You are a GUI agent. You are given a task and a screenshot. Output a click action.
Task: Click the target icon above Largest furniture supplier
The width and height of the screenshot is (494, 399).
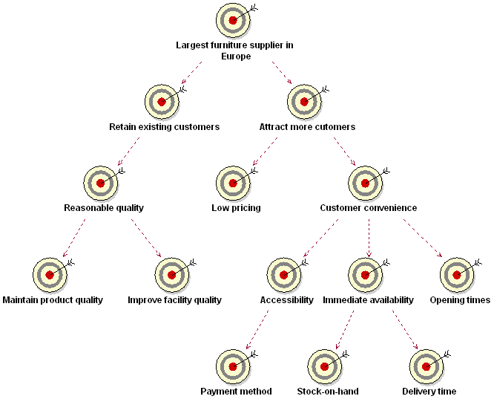[x=233, y=20]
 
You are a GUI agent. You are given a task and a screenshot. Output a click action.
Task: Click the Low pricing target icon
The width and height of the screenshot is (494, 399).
[x=233, y=183]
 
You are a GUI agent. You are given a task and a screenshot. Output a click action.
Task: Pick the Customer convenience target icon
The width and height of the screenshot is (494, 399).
[x=365, y=183]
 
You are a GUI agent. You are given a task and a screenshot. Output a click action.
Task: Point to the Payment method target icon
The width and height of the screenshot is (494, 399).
[x=233, y=366]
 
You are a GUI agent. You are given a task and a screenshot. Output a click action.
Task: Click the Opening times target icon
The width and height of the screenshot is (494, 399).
[x=457, y=274]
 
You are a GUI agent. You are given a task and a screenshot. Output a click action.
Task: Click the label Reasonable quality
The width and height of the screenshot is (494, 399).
[x=103, y=208]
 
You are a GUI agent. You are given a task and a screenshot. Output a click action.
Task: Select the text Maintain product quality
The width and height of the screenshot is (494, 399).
[x=53, y=300]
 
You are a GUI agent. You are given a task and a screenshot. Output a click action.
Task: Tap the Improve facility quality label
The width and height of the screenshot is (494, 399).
[x=174, y=300]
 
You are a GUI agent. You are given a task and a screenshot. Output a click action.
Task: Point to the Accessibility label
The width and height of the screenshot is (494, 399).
[x=286, y=300]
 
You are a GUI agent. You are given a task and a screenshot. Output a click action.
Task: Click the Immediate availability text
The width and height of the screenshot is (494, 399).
[x=368, y=300]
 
